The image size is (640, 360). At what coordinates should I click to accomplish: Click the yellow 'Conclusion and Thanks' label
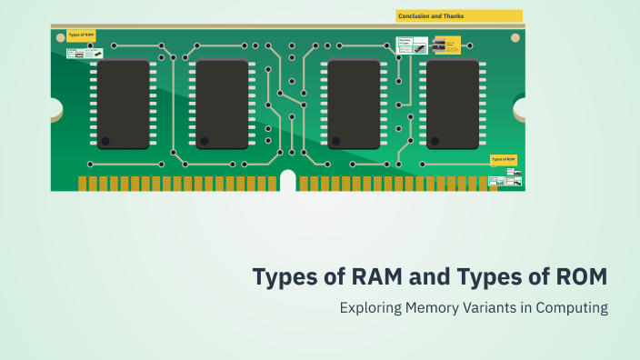[x=459, y=15]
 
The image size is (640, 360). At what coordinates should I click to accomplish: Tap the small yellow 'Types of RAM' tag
[x=81, y=36]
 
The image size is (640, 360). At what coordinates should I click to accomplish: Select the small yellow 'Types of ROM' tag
[x=504, y=159]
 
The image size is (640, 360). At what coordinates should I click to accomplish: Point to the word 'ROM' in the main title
[x=575, y=275]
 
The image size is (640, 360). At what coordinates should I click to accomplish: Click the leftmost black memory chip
[x=124, y=104]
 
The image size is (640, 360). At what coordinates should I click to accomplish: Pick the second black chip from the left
[x=222, y=104]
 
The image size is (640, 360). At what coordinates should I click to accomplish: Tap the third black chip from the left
[x=354, y=104]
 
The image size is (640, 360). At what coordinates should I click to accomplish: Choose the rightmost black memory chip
[x=453, y=104]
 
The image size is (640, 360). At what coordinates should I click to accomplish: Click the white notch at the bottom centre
[x=288, y=182]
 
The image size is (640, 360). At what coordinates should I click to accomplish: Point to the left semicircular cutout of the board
[x=55, y=109]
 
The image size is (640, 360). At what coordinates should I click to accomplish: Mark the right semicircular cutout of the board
[x=521, y=109]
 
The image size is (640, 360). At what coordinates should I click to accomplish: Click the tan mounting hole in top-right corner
[x=515, y=38]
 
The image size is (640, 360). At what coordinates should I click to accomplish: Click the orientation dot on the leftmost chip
[x=105, y=141]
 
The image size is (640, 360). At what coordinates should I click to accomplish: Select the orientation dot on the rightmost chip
[x=434, y=141]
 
